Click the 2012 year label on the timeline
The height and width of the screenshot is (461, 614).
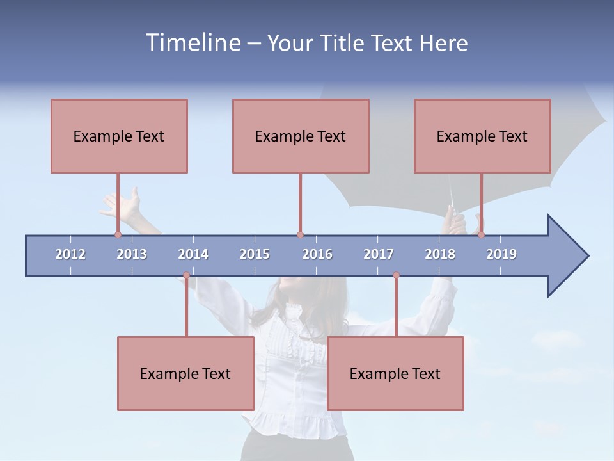[70, 254]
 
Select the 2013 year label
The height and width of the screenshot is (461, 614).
[132, 254]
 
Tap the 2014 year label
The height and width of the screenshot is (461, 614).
[193, 254]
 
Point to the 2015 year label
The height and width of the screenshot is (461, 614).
[255, 254]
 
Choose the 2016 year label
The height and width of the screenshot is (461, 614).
[317, 254]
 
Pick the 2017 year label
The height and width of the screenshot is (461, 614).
[379, 254]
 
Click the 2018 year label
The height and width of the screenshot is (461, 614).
[440, 254]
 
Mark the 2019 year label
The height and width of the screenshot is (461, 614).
[501, 254]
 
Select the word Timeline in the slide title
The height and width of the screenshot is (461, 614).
[192, 43]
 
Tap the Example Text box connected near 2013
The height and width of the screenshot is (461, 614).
[119, 136]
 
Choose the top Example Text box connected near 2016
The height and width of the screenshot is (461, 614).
[301, 136]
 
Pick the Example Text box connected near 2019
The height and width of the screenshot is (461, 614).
[482, 136]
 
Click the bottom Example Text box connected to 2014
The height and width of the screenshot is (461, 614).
[185, 373]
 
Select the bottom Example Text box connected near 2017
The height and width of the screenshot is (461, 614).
[395, 373]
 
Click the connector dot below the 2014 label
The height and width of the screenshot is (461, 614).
[186, 275]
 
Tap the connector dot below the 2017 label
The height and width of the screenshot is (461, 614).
[396, 275]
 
